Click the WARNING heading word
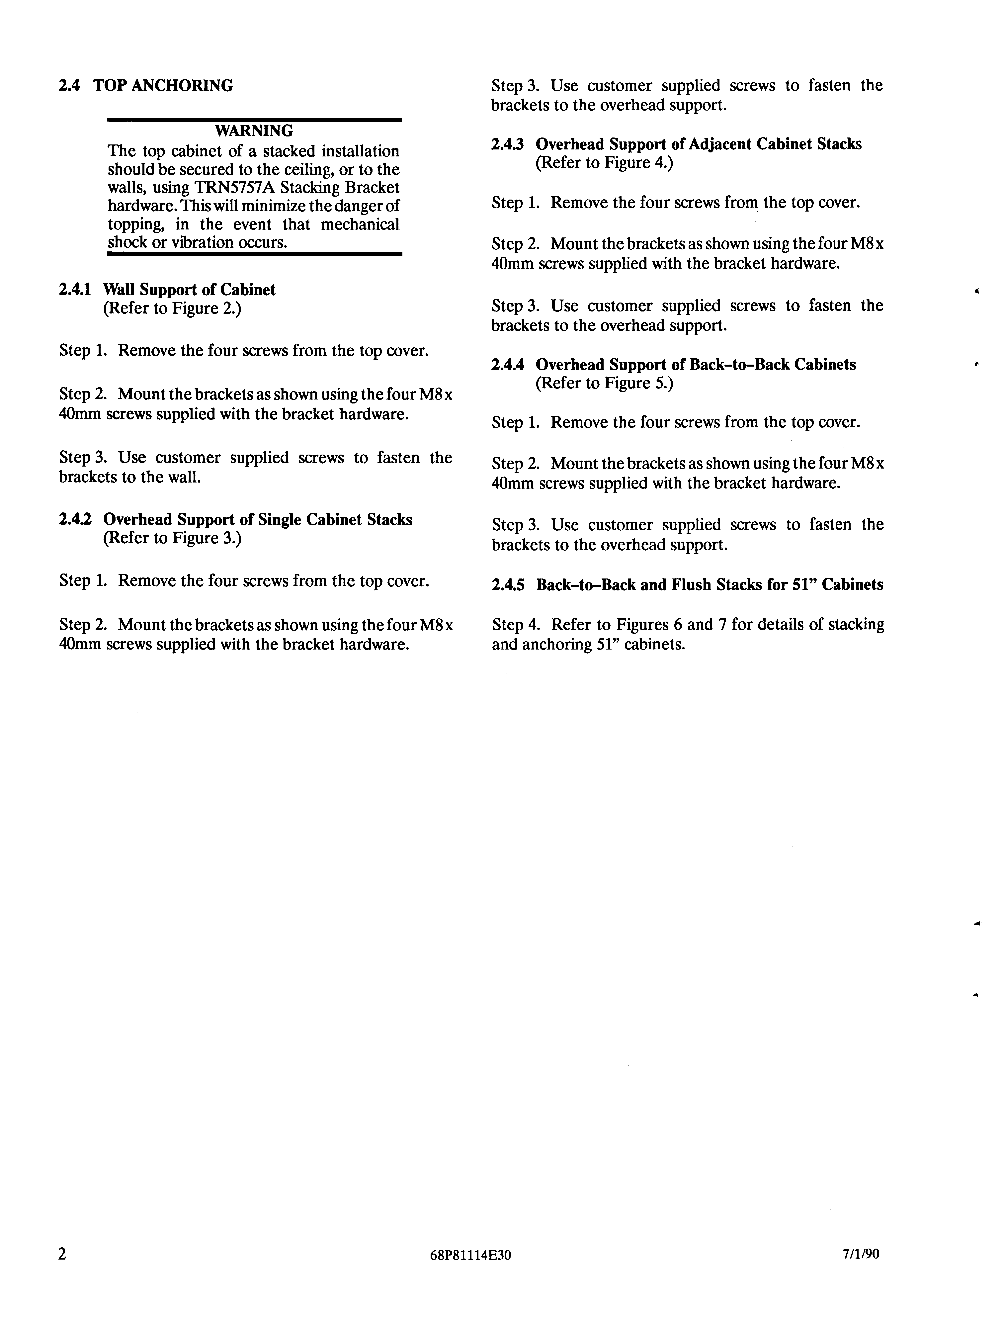pos(254,130)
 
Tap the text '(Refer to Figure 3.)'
pos(172,539)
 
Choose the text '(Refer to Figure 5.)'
pos(604,383)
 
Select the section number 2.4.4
pos(508,365)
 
